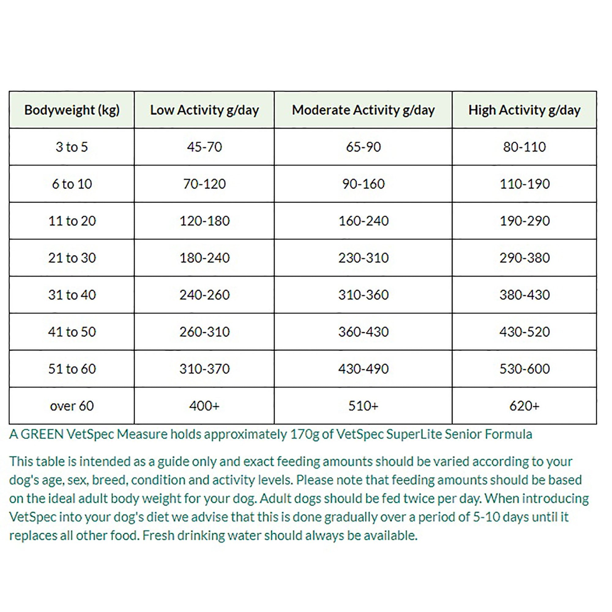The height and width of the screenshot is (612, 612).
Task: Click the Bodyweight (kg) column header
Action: pyautogui.click(x=72, y=110)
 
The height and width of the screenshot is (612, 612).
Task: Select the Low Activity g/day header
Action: pyautogui.click(x=204, y=110)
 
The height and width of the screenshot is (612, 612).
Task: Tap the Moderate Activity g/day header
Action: pyautogui.click(x=363, y=110)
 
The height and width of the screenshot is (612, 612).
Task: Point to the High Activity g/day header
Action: pyautogui.click(x=524, y=110)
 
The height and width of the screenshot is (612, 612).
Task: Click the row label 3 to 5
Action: pyautogui.click(x=72, y=147)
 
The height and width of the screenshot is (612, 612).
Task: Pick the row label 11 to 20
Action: pyautogui.click(x=72, y=221)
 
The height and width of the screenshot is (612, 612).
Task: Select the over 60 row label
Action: pyautogui.click(x=72, y=406)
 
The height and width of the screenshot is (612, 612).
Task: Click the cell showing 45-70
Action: pyautogui.click(x=204, y=147)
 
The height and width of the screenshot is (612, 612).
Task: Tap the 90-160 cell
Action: pyautogui.click(x=363, y=184)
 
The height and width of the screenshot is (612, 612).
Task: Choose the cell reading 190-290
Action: pyautogui.click(x=524, y=221)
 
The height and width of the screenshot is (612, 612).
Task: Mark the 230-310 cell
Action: pyautogui.click(x=363, y=258)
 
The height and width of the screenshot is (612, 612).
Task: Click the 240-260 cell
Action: pyautogui.click(x=204, y=295)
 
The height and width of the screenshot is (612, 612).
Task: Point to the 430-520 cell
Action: pyautogui.click(x=524, y=332)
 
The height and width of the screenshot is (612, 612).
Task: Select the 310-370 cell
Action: pyautogui.click(x=204, y=369)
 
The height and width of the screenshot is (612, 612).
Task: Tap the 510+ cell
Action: pyautogui.click(x=363, y=406)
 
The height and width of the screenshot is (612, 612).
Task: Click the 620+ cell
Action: pyautogui.click(x=524, y=406)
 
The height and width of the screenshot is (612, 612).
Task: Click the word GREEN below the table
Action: pyautogui.click(x=42, y=434)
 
